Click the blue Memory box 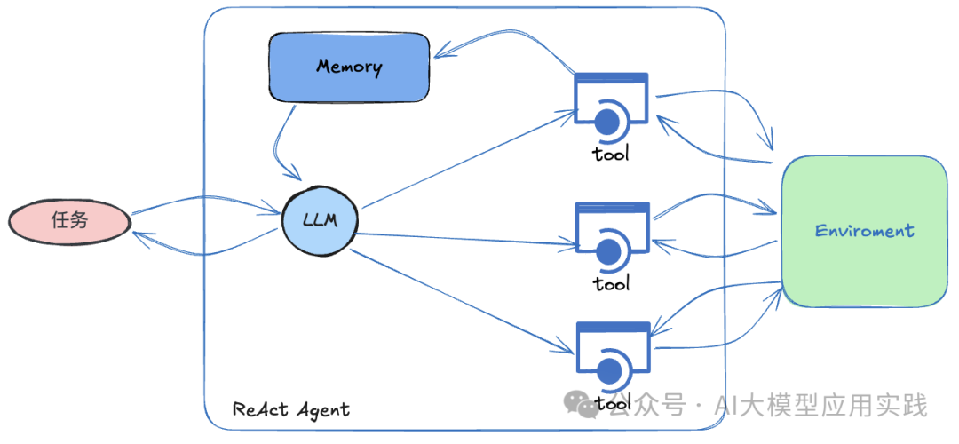click(349, 67)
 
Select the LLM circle click(320, 218)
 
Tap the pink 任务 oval click(70, 220)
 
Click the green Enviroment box click(864, 232)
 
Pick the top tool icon click(611, 107)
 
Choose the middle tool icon click(611, 239)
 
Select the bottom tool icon click(611, 357)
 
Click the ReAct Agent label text click(291, 409)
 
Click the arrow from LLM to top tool click(466, 159)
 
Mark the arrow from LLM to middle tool click(466, 237)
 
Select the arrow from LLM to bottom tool click(462, 297)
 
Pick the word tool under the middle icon click(611, 283)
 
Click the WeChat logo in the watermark click(587, 406)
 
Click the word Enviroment click(864, 232)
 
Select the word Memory click(349, 67)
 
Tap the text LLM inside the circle click(320, 218)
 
